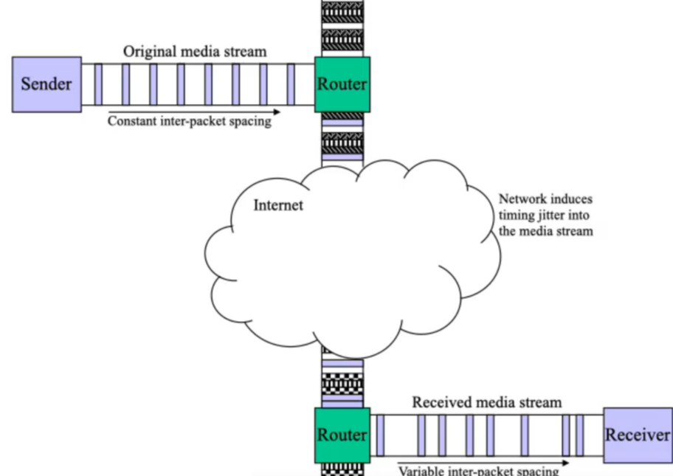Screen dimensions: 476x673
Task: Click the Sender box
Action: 46,83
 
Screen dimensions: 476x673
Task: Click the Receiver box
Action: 638,435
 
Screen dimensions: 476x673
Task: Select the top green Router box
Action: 342,84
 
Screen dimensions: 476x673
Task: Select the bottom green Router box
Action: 342,435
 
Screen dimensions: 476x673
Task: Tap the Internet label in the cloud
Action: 278,204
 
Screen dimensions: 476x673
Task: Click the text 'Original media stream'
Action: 195,52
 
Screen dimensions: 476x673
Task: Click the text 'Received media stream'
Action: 486,402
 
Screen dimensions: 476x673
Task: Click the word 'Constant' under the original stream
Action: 132,121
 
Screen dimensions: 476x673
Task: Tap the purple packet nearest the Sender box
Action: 98,84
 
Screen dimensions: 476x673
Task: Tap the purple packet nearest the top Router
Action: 291,84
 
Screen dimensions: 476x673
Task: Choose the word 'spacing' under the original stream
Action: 249,121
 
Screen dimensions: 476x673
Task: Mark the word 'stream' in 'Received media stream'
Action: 540,402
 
